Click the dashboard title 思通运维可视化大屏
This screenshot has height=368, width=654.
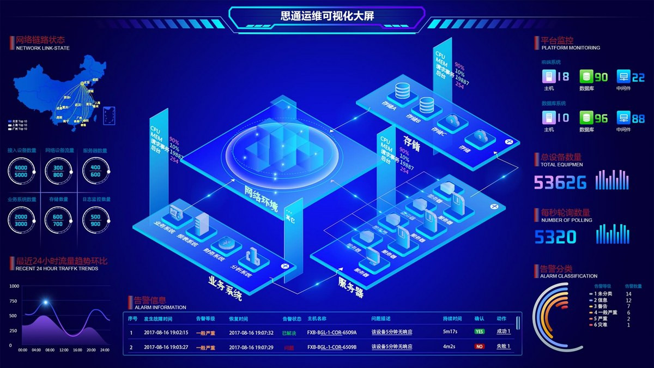click(327, 16)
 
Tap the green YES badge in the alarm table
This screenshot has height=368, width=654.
click(480, 331)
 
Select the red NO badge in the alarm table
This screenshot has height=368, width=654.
click(480, 347)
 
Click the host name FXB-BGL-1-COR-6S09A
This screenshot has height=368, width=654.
click(332, 332)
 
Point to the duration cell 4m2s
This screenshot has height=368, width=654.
click(450, 347)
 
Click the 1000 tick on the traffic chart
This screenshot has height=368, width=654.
click(14, 286)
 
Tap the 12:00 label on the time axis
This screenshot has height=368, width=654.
click(64, 350)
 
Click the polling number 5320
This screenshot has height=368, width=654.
click(555, 237)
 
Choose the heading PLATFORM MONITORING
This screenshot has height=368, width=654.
click(567, 48)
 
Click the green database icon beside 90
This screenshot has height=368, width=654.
click(586, 77)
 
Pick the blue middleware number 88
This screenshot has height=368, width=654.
click(638, 118)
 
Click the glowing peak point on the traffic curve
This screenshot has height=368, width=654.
click(46, 302)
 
